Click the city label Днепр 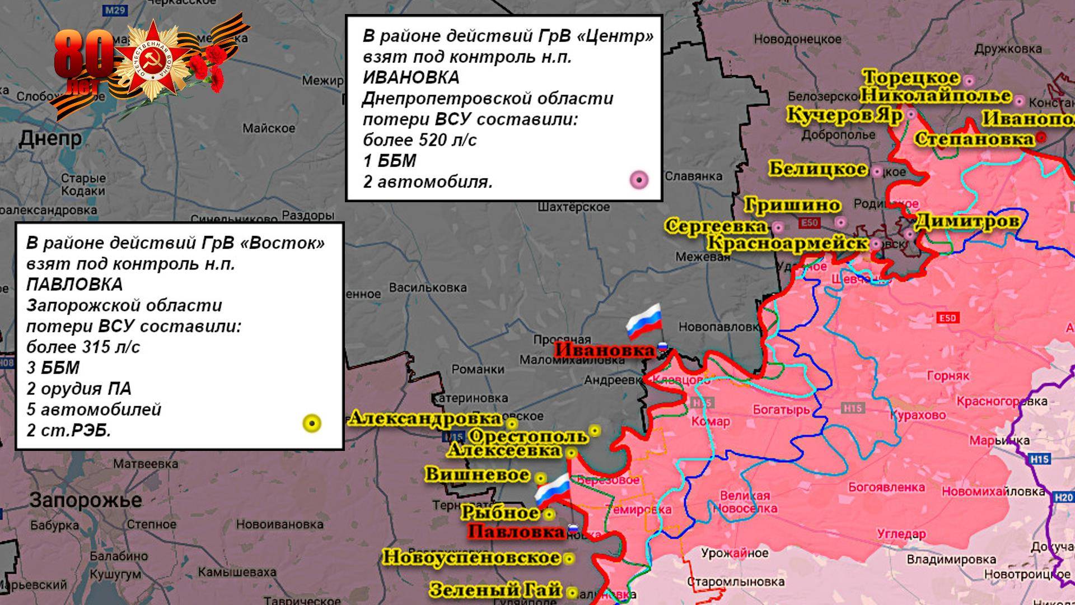point(50,138)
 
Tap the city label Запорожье point(86,500)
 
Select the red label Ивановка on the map point(605,351)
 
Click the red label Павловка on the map point(516,532)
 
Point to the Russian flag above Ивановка point(644,322)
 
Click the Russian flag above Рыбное point(552,491)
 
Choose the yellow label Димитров point(966,222)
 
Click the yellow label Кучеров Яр point(844,115)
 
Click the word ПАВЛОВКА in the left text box point(74,285)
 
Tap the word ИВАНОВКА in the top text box point(411,77)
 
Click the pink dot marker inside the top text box point(639,180)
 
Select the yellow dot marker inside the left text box point(311,424)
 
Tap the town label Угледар point(901,534)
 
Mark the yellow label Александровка point(425,418)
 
